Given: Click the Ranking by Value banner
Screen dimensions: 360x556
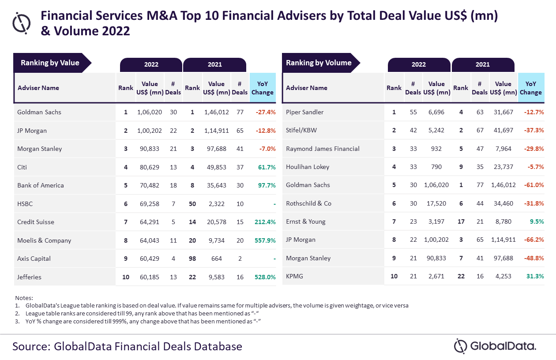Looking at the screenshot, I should coord(50,63).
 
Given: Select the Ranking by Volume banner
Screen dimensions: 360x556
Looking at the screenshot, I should coord(319,63).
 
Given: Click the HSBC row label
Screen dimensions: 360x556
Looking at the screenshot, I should coord(25,204).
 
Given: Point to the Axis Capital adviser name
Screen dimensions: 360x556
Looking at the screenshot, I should coord(34,259).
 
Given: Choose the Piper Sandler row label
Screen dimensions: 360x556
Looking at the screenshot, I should coord(304,112).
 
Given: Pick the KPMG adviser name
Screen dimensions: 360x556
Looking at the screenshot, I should coord(295,276).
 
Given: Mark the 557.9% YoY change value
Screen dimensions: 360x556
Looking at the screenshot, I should coord(265,240).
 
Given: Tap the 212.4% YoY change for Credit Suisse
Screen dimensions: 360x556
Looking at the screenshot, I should coord(265,222).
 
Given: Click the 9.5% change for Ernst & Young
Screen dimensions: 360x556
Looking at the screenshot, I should coord(535,221).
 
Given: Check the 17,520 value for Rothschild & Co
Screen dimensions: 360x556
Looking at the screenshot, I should coord(436,203).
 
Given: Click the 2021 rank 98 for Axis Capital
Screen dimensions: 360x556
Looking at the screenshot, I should coord(192,259).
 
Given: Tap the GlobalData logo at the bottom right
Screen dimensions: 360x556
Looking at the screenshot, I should coord(495,346).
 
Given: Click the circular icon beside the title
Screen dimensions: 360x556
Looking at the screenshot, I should coord(22,22).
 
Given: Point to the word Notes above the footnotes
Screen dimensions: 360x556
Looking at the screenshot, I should coord(24,298).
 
